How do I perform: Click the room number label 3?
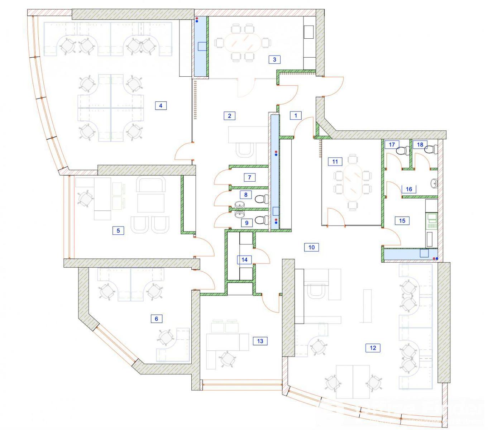pyautogui.click(x=274, y=59)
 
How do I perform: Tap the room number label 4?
pyautogui.click(x=161, y=105)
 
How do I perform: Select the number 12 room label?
pyautogui.click(x=373, y=348)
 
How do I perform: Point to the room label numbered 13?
pyautogui.click(x=260, y=341)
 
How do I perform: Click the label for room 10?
pyautogui.click(x=311, y=247)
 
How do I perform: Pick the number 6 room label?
pyautogui.click(x=156, y=319)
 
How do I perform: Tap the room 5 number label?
pyautogui.click(x=118, y=230)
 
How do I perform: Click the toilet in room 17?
pyautogui.click(x=403, y=150)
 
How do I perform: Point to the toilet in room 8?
pyautogui.click(x=262, y=199)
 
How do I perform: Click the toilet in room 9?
pyautogui.click(x=262, y=220)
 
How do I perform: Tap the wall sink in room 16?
pyautogui.click(x=434, y=183)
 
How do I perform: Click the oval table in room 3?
pyautogui.click(x=242, y=42)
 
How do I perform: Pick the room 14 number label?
pyautogui.click(x=244, y=260)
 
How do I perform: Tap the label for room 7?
pyautogui.click(x=249, y=177)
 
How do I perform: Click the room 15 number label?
pyautogui.click(x=402, y=221)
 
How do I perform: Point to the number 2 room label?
pyautogui.click(x=229, y=116)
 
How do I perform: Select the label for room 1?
pyautogui.click(x=296, y=116)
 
